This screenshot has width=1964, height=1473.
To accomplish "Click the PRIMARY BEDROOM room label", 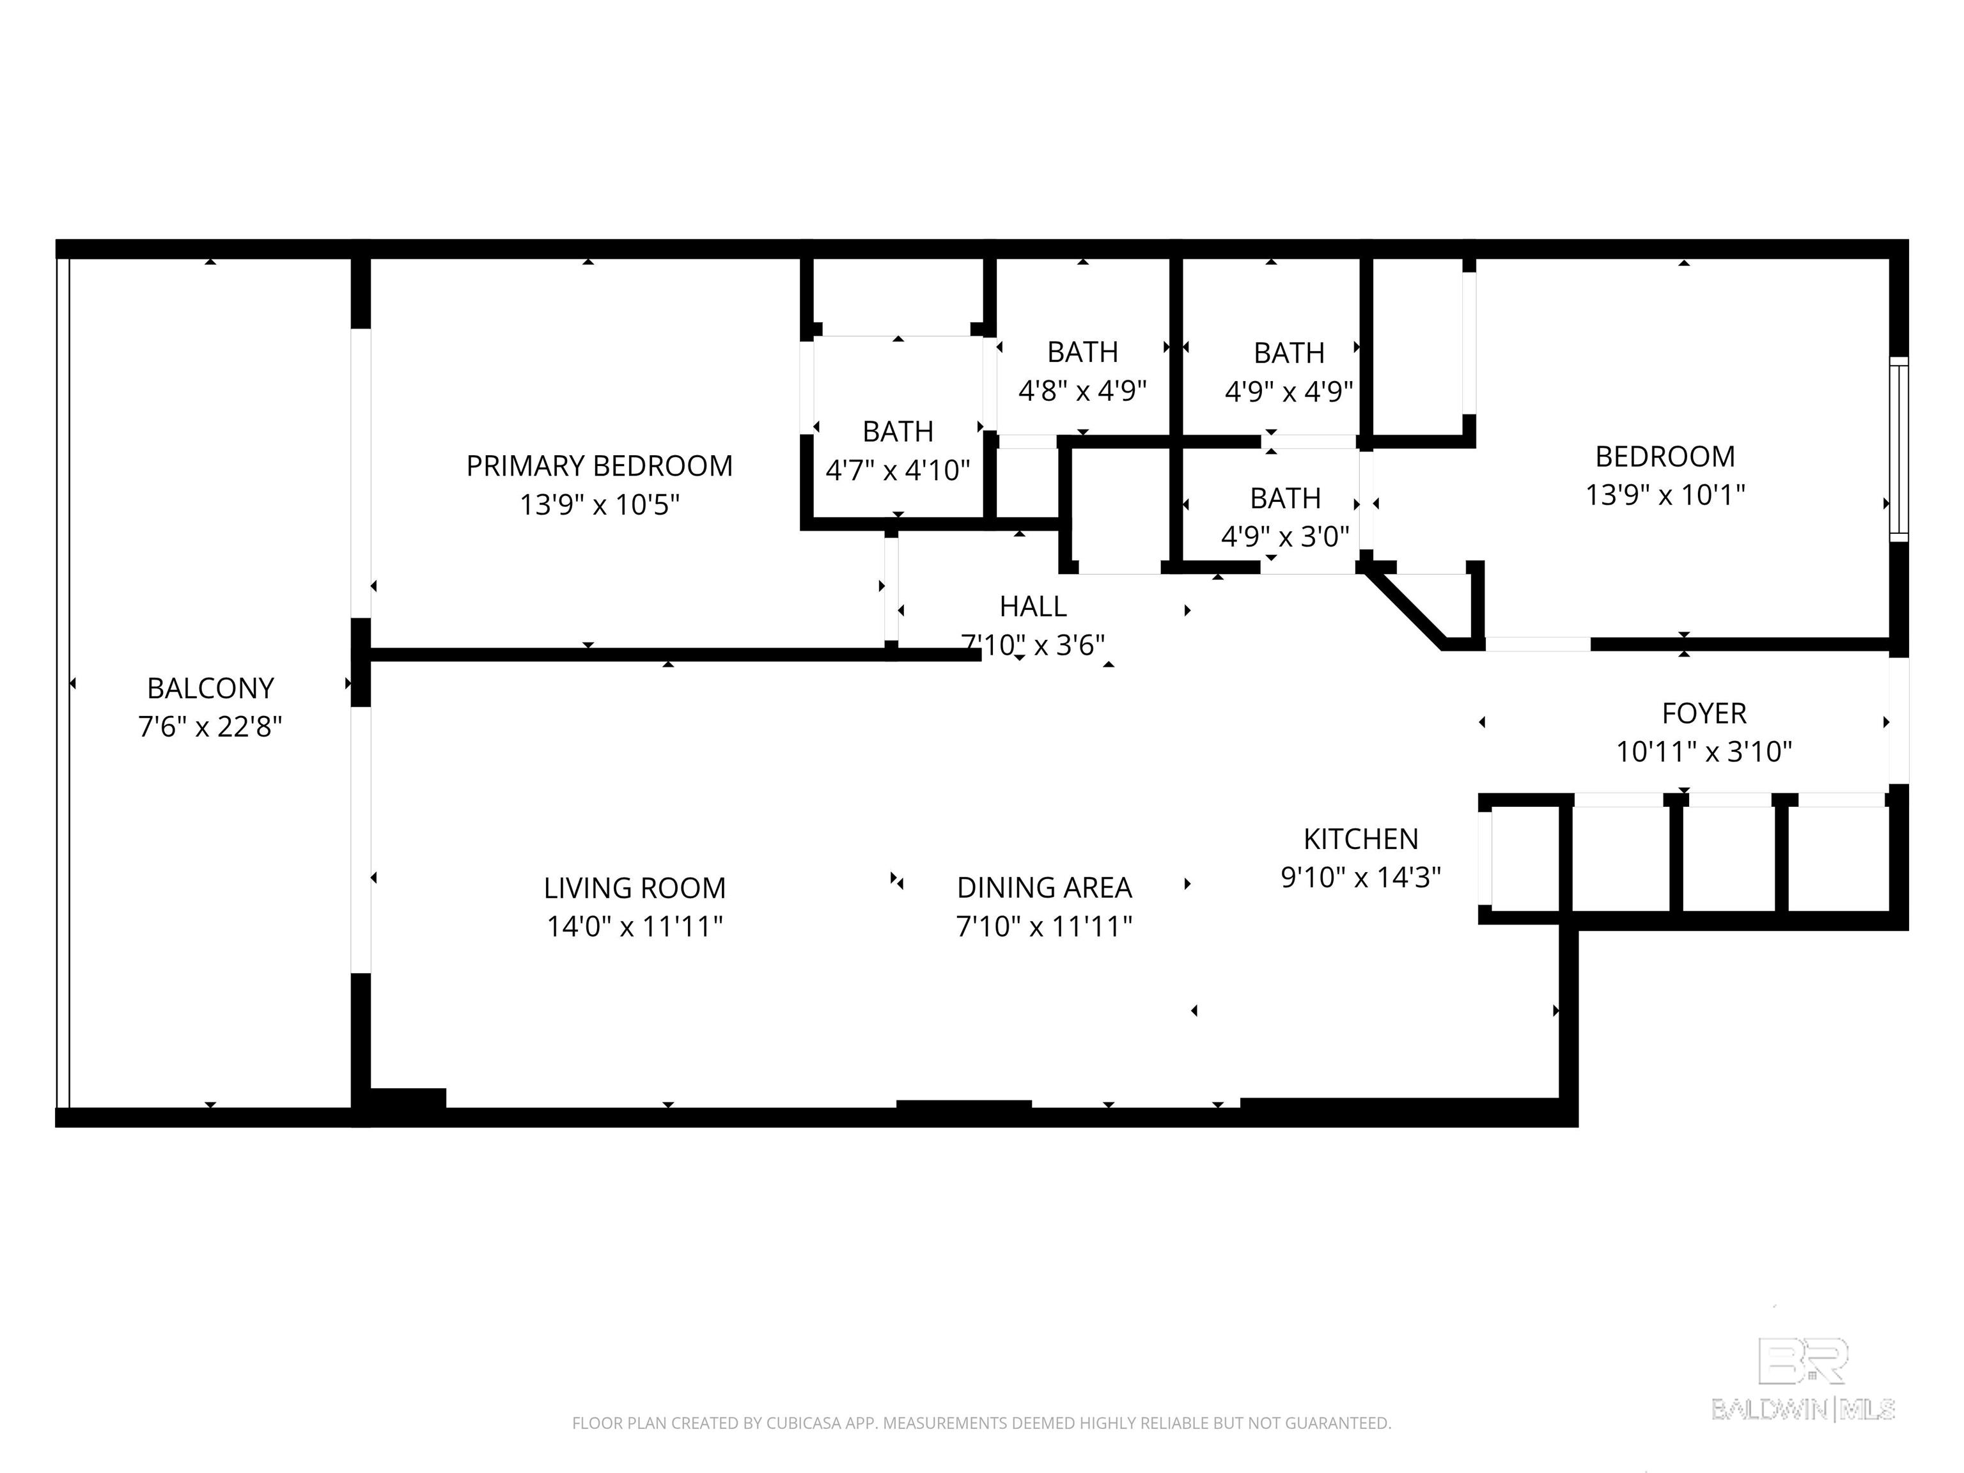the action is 599,466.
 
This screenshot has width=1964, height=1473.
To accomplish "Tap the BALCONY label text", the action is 210,688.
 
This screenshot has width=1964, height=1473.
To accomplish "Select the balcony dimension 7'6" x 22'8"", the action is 210,727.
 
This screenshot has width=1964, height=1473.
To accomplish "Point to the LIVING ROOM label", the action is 635,888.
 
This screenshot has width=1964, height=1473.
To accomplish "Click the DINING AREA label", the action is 1044,888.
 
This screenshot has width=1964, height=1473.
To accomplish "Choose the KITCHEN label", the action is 1361,839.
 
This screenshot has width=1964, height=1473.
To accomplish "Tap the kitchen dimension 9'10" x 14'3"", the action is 1361,877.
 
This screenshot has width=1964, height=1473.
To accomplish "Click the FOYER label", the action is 1704,713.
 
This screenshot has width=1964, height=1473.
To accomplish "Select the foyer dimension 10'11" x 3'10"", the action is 1704,752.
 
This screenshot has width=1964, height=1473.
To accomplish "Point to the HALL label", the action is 1033,607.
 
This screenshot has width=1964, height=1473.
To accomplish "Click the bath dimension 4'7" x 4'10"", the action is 898,470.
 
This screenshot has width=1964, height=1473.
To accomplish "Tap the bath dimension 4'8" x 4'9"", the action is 1082,391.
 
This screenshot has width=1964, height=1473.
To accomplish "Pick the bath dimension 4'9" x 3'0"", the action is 1285,536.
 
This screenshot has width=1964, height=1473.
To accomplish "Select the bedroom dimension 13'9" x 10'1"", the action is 1665,495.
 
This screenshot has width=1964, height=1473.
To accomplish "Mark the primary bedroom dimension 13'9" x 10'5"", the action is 599,504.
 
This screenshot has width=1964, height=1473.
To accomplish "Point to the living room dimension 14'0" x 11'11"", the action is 635,927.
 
